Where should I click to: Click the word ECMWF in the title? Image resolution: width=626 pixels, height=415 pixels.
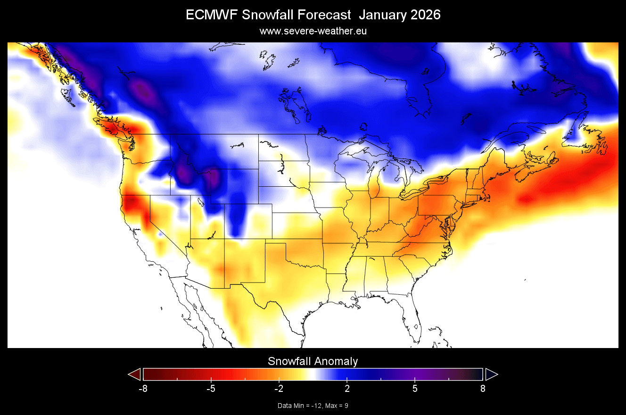point(212,15)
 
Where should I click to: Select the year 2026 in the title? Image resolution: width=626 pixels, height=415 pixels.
point(423,15)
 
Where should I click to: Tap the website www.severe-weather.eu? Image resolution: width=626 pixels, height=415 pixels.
point(313,31)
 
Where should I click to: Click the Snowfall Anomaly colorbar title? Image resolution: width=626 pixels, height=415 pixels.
point(313,361)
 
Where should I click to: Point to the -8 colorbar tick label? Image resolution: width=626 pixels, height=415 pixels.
point(143,389)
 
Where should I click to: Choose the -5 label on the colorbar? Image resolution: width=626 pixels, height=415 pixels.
point(211,389)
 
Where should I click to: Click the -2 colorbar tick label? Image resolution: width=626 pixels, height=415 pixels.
point(279,389)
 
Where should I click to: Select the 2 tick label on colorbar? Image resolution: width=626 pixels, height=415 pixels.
point(347,389)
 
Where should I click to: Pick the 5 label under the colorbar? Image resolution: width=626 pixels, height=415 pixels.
point(415,389)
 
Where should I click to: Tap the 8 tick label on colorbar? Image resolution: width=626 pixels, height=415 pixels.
point(483,389)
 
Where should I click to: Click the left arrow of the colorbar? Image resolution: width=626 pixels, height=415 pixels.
point(135,374)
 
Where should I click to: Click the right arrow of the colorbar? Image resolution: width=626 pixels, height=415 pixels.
point(491,374)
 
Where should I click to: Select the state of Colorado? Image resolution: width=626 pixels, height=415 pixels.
point(248,221)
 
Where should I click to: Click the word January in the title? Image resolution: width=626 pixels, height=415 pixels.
point(380,15)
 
